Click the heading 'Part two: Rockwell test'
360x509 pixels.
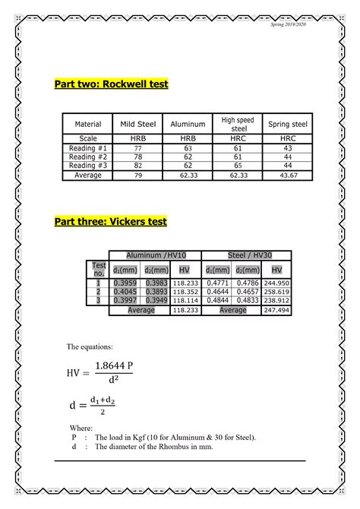[111, 84]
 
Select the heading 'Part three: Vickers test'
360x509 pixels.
[110, 222]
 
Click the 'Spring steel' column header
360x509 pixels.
[288, 124]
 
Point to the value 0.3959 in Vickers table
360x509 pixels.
[124, 282]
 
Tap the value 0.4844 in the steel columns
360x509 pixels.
[218, 300]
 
